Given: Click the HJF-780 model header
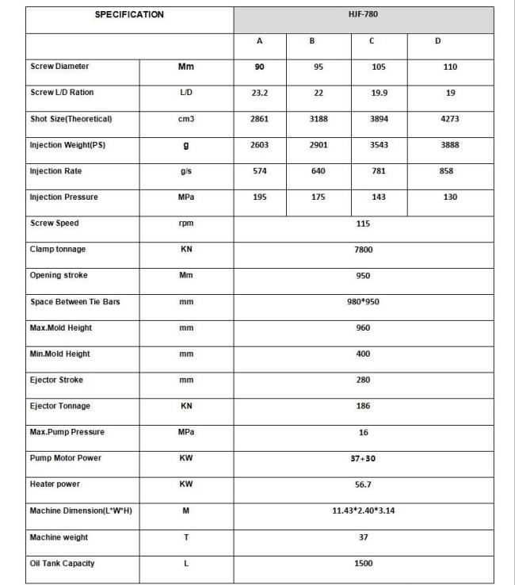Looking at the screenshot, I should click(x=363, y=15).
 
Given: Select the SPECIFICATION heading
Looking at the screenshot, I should click(x=129, y=15).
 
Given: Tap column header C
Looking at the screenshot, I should click(x=372, y=41).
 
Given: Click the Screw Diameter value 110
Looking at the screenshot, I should click(x=450, y=67).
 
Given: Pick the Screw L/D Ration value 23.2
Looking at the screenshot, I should click(x=260, y=94).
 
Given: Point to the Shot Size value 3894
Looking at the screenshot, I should click(x=379, y=119).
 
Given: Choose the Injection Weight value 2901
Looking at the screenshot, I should click(x=319, y=145).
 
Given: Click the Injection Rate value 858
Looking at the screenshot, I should click(x=446, y=171).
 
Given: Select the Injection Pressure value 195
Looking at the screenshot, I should click(x=260, y=197).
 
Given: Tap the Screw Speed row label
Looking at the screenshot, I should click(x=54, y=224).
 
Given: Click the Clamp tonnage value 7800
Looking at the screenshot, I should click(x=363, y=250).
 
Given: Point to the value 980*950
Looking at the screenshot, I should click(x=363, y=302).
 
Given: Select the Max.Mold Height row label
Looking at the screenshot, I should click(x=60, y=327).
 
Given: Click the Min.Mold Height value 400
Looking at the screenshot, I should click(x=363, y=354).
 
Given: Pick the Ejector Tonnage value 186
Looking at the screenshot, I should click(x=363, y=406).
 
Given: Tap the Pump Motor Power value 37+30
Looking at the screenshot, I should click(x=363, y=458).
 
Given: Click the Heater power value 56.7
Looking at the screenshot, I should click(x=363, y=484).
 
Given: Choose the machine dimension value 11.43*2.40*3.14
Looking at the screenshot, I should click(x=363, y=510).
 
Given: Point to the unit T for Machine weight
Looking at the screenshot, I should click(x=186, y=537).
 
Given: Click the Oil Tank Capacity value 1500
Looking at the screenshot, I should click(x=363, y=564).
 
